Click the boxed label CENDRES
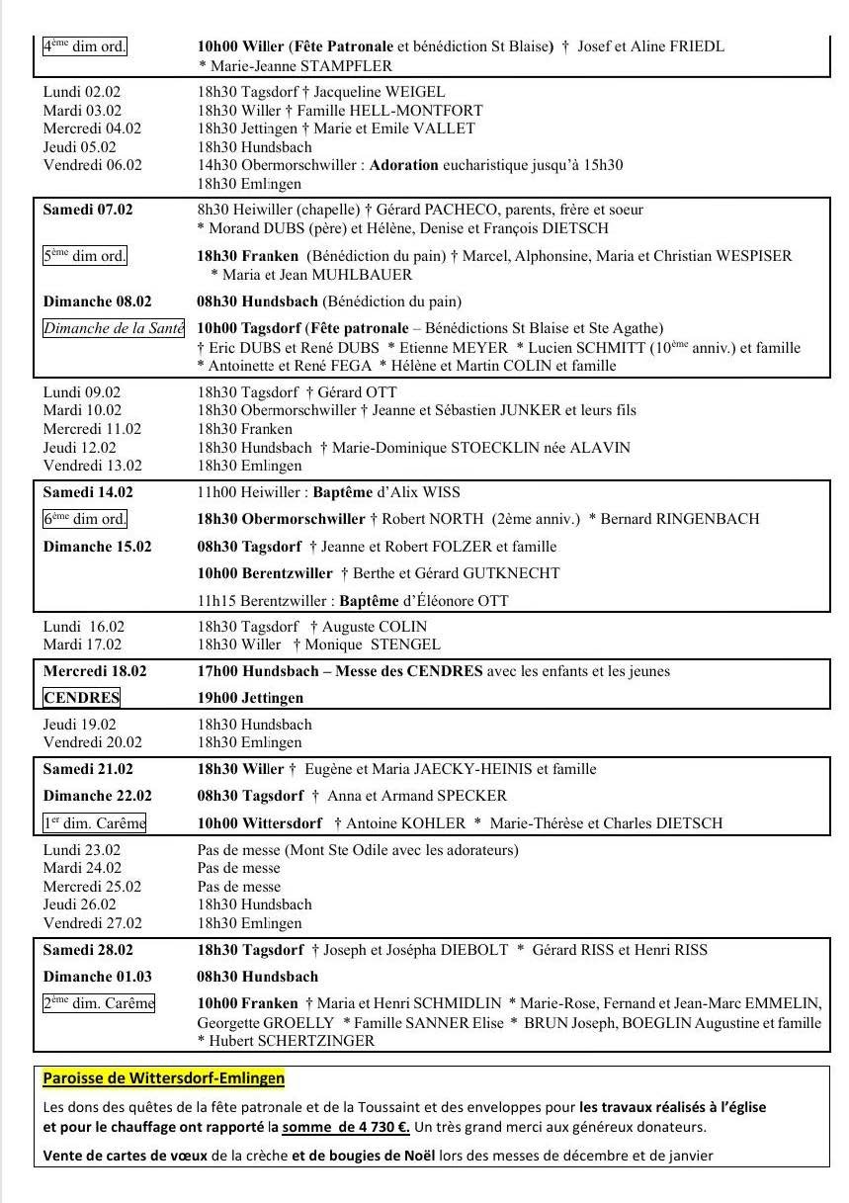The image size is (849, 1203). pyautogui.click(x=81, y=698)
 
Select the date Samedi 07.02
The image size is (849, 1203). pyautogui.click(x=88, y=210)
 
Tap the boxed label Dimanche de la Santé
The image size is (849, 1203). pyautogui.click(x=114, y=328)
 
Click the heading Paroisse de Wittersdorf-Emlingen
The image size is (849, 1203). pyautogui.click(x=164, y=1077)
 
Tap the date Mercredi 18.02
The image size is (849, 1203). pyautogui.click(x=95, y=671)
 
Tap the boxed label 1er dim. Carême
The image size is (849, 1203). pyautogui.click(x=94, y=823)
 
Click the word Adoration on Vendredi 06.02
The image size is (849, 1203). pyautogui.click(x=403, y=165)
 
